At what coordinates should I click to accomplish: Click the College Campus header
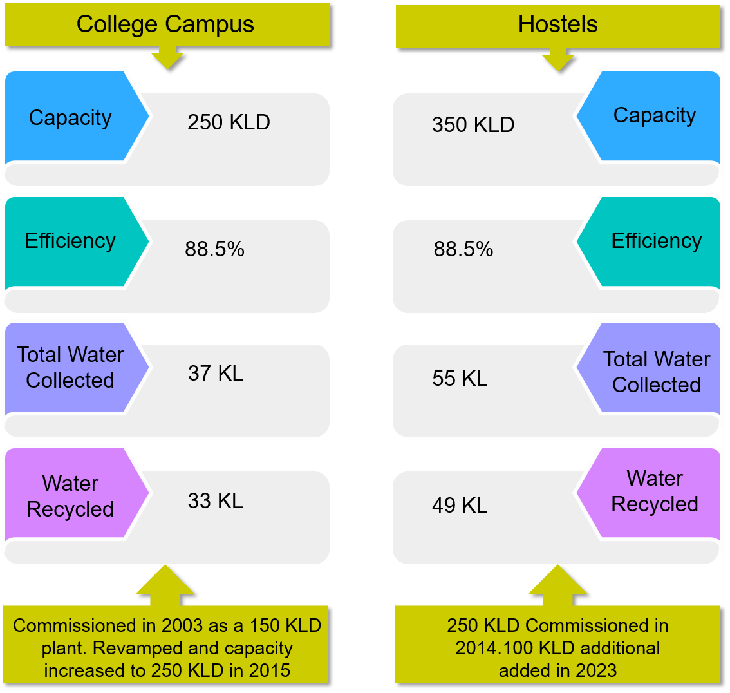pyautogui.click(x=165, y=24)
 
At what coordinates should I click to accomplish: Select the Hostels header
pyautogui.click(x=557, y=24)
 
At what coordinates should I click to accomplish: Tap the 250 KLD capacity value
pyautogui.click(x=229, y=122)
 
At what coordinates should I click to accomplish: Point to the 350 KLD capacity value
pyautogui.click(x=473, y=125)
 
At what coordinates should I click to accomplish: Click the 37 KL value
pyautogui.click(x=216, y=374)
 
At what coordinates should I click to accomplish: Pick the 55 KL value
pyautogui.click(x=460, y=379)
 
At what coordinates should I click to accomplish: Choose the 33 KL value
pyautogui.click(x=216, y=501)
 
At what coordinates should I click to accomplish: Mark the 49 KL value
pyautogui.click(x=460, y=506)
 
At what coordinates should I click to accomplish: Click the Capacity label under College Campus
pyautogui.click(x=70, y=118)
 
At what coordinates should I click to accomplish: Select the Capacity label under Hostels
pyautogui.click(x=654, y=115)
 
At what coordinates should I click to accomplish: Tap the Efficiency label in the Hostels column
pyautogui.click(x=656, y=241)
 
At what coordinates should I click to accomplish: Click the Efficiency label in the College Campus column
pyautogui.click(x=70, y=241)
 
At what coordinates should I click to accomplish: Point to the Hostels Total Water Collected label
pyautogui.click(x=656, y=372)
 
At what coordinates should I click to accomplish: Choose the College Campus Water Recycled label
pyautogui.click(x=70, y=496)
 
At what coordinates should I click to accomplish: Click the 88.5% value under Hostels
pyautogui.click(x=463, y=249)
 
